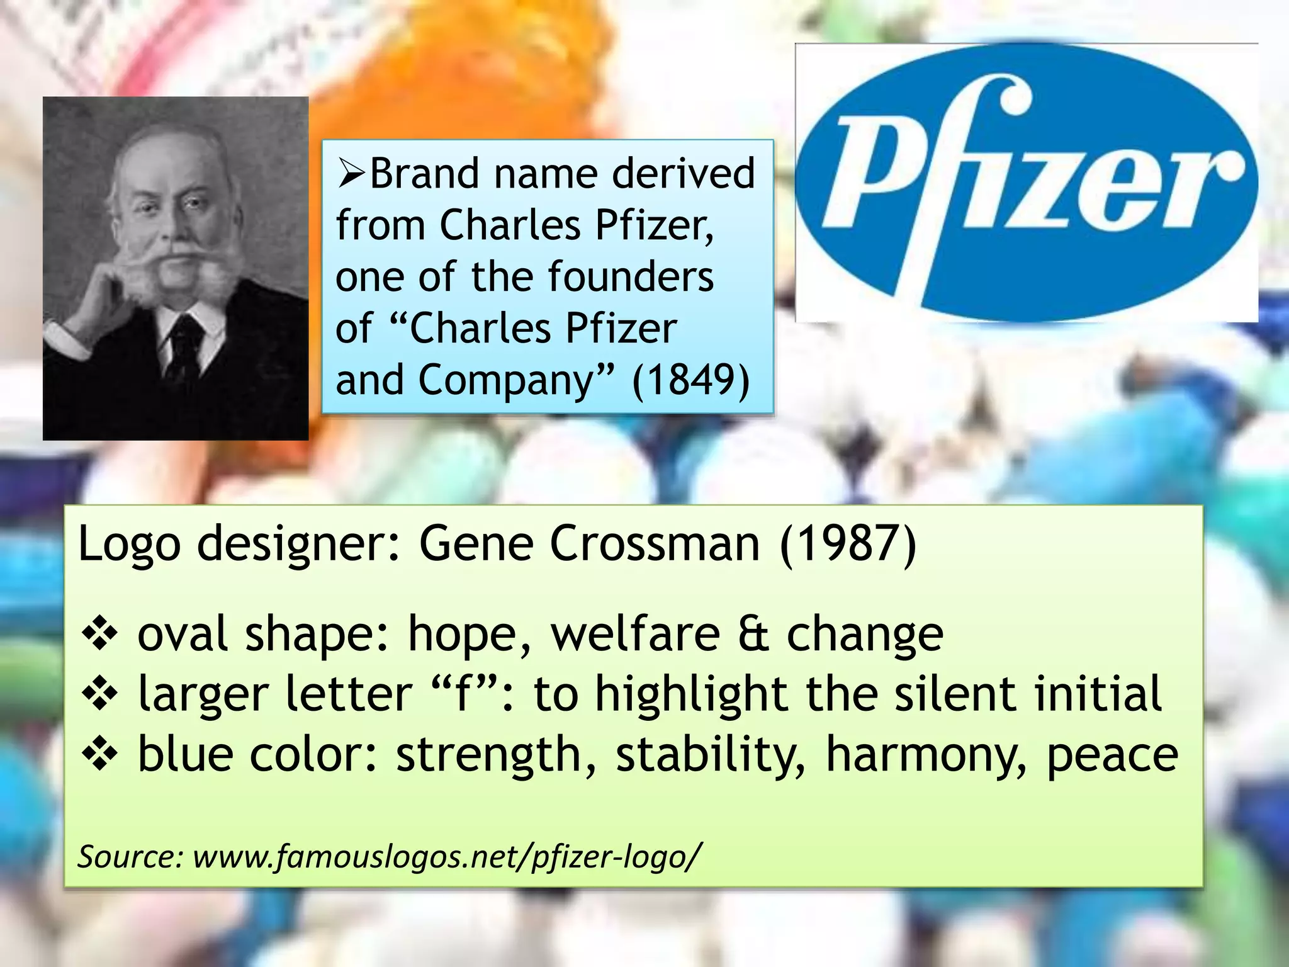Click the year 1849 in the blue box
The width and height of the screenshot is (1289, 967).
(691, 380)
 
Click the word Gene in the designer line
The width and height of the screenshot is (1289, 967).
(476, 544)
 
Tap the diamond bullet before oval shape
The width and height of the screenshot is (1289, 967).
(100, 635)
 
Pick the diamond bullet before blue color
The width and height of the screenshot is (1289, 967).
(100, 754)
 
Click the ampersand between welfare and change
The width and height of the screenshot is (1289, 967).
(753, 634)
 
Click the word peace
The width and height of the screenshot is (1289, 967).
(1112, 754)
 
